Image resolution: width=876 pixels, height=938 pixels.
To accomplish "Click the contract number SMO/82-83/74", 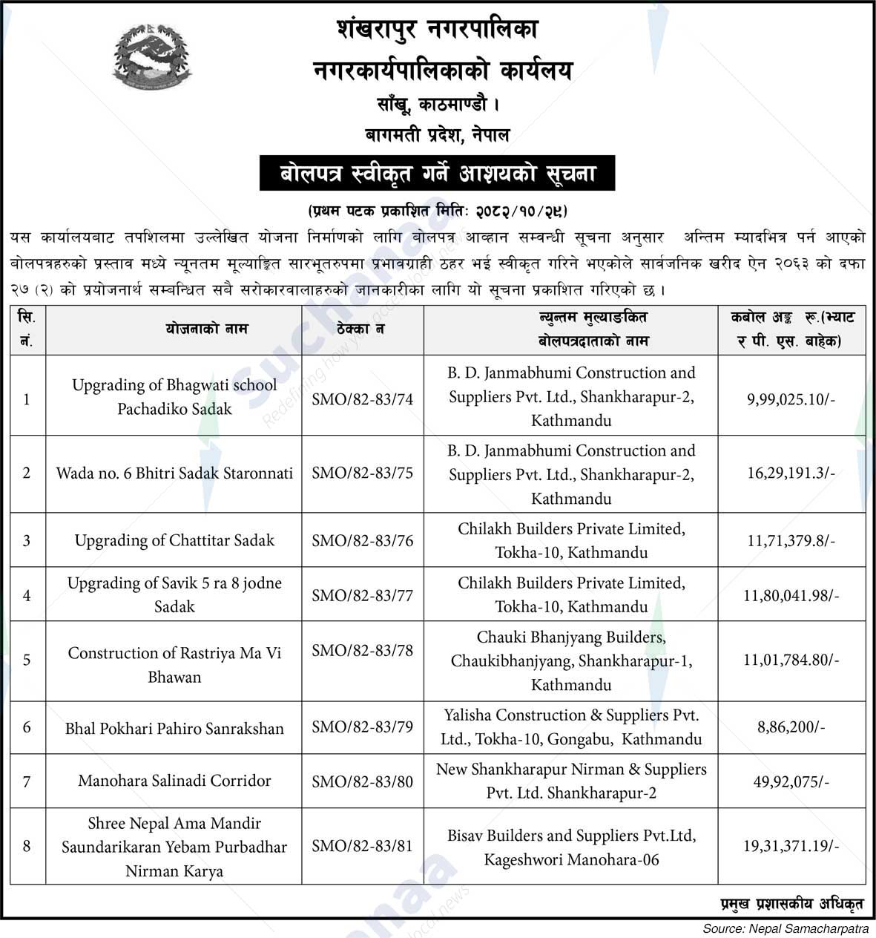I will click(362, 399).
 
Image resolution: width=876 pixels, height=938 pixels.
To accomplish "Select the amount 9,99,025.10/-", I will click(791, 399).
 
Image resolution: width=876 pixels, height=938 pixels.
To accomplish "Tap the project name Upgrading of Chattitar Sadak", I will click(174, 540).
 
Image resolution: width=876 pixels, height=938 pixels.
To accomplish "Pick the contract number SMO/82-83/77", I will click(362, 595).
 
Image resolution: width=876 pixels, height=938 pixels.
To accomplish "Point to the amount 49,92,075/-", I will click(791, 781).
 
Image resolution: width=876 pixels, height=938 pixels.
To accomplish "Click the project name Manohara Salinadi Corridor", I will click(174, 781).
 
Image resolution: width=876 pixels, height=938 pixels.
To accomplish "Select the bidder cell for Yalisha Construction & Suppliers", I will click(571, 727).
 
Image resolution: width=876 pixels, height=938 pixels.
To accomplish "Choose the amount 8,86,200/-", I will click(791, 727).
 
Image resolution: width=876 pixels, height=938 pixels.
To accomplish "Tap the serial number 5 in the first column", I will click(27, 660).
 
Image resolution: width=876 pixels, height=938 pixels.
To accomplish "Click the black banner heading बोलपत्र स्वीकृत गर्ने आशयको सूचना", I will click(438, 174).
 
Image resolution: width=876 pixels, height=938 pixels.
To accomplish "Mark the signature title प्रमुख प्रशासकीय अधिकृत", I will click(791, 903).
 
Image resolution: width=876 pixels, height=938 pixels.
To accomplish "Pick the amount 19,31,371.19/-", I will click(791, 846).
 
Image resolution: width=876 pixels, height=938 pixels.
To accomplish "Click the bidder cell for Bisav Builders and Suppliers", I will click(571, 847).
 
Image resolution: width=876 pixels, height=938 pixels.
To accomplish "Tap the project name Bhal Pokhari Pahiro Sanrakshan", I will click(174, 728).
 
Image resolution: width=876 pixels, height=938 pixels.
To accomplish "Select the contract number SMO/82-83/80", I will click(362, 781).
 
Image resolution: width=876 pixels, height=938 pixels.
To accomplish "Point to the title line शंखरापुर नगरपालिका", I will click(438, 30).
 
